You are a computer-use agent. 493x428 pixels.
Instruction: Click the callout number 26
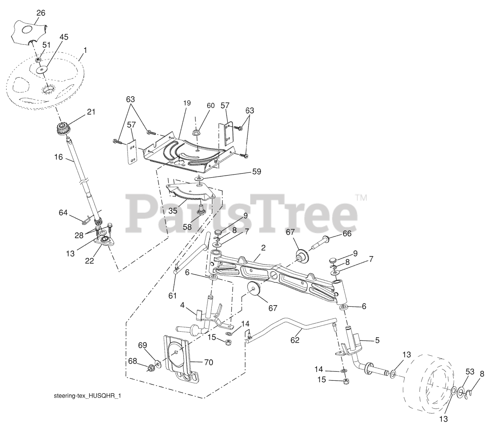(x=40, y=13)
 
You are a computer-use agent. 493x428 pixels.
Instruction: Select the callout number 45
(x=64, y=37)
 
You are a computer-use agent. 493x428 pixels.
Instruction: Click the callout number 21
(x=91, y=112)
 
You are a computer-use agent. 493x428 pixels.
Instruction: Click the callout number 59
(x=256, y=172)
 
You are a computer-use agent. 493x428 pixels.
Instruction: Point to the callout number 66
(x=347, y=234)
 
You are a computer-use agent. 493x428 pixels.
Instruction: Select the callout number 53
(x=470, y=371)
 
